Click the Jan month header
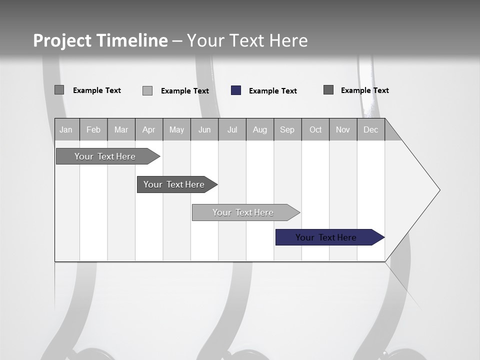[x=66, y=129]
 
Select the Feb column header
[x=93, y=129]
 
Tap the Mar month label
[x=121, y=129]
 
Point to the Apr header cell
[x=148, y=129]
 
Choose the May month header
[x=176, y=129]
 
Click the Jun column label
[x=204, y=129]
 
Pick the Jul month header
[x=232, y=129]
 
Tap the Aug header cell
[x=259, y=129]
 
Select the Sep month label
[x=287, y=129]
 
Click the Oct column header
[x=315, y=129]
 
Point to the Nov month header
[x=343, y=129]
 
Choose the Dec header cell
[x=370, y=129]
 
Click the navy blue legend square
[x=236, y=90]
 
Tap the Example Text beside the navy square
[x=272, y=91]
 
